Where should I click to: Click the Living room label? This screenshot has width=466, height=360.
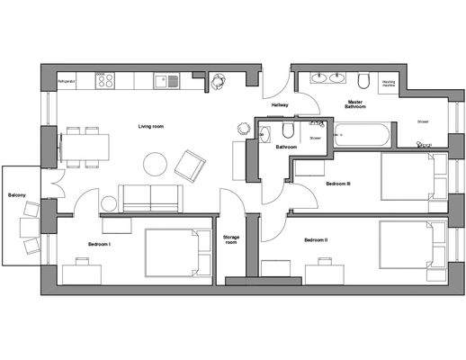point(150,127)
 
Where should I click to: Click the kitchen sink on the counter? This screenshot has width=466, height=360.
point(164,81)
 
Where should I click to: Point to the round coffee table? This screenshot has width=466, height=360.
point(155,165)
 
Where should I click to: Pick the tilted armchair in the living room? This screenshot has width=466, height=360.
point(190,164)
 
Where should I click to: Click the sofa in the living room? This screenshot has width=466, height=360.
point(149,197)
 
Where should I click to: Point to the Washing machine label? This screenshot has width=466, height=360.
point(390,84)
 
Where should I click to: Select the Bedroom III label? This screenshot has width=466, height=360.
point(338,183)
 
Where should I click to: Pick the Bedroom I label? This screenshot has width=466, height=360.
point(99,244)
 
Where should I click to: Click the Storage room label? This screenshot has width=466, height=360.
point(230,240)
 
